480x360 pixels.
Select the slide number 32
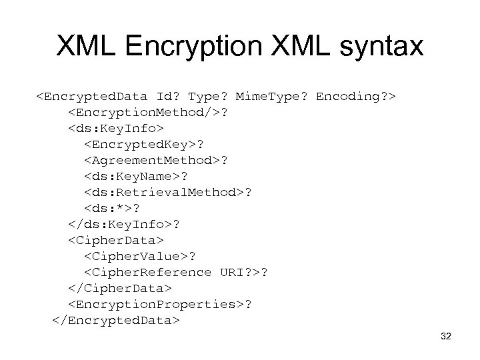click(446, 337)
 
